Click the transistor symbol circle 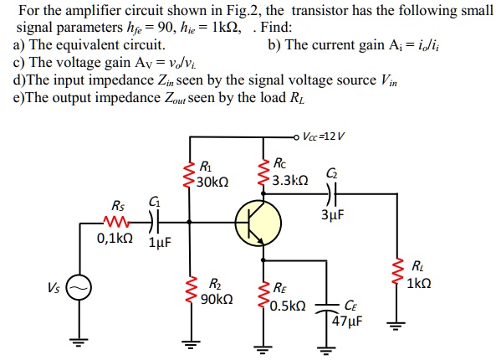(258, 222)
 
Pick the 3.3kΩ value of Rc (289, 180)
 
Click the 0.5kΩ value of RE (289, 305)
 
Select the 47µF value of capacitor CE (346, 320)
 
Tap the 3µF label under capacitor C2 (331, 214)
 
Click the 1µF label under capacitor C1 (159, 244)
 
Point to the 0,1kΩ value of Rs (115, 239)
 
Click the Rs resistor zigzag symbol (115, 222)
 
